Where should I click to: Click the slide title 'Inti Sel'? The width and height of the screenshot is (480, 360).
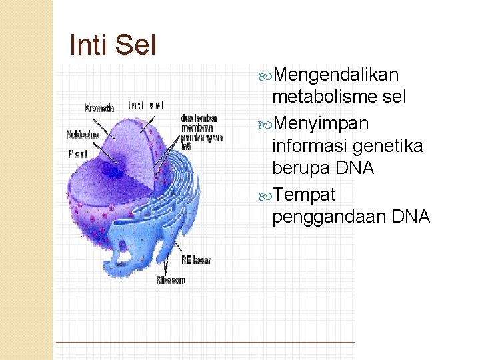click(113, 45)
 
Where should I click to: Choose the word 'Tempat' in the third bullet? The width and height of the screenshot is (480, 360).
click(304, 194)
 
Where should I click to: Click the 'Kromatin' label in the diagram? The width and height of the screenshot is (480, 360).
click(99, 107)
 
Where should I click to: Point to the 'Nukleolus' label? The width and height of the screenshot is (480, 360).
click(82, 135)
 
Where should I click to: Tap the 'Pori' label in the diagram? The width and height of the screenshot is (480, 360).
click(77, 153)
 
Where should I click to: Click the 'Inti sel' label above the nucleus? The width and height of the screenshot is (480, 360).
click(146, 105)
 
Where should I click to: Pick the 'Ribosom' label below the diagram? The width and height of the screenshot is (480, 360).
click(171, 280)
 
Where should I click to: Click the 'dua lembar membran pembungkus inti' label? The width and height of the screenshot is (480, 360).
click(201, 132)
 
